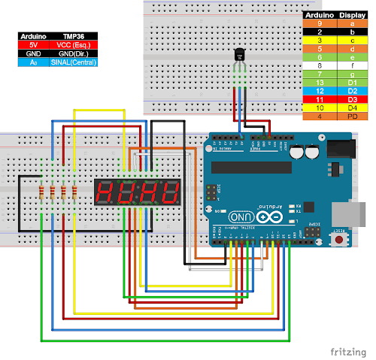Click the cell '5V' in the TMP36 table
(33, 44)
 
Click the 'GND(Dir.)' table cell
(74, 54)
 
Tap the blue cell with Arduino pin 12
(320, 90)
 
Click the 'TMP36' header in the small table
(74, 35)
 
